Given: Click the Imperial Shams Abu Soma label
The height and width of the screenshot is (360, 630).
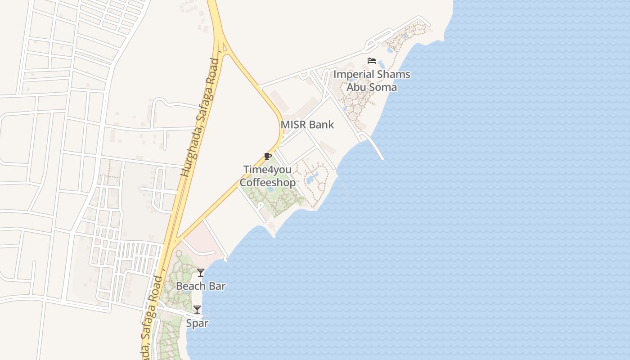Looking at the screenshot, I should pyautogui.click(x=372, y=81).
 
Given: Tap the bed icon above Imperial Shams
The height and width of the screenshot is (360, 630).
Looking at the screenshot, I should pyautogui.click(x=372, y=61).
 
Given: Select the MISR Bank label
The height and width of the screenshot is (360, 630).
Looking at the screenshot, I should pyautogui.click(x=307, y=125).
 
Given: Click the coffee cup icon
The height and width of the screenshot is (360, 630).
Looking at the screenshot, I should pyautogui.click(x=268, y=157).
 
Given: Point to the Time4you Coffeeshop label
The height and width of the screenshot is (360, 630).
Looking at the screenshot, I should pyautogui.click(x=267, y=176).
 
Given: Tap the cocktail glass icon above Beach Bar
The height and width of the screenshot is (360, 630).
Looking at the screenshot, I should pyautogui.click(x=201, y=273).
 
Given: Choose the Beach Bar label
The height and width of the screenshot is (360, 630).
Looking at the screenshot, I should pyautogui.click(x=201, y=286).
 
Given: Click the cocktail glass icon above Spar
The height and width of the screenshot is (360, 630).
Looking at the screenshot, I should pyautogui.click(x=197, y=310).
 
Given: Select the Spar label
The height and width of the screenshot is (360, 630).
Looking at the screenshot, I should pyautogui.click(x=197, y=323).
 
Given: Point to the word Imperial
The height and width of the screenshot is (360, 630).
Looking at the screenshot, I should pyautogui.click(x=354, y=74).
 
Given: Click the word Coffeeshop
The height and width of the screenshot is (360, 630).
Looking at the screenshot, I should pyautogui.click(x=267, y=182).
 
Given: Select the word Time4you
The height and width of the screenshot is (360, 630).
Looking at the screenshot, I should pyautogui.click(x=267, y=170).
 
